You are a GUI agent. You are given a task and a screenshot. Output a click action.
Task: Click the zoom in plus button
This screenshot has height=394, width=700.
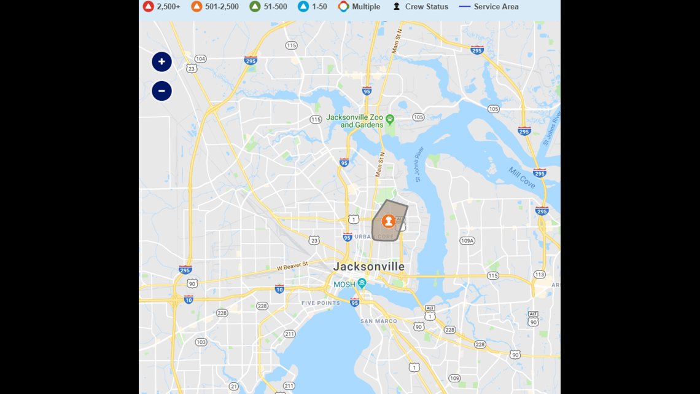coord(161,61)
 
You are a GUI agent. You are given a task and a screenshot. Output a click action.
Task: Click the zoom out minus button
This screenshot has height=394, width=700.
coord(161,91)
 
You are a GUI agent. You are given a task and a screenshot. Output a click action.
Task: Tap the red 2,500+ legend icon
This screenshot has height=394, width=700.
coord(148,7)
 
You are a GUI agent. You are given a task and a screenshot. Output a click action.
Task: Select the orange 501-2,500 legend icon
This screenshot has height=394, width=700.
coord(196,7)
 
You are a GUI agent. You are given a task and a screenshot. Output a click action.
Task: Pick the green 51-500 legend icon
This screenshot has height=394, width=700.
coord(255,7)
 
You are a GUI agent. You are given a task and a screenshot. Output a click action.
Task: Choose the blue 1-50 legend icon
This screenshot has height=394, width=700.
coord(303,7)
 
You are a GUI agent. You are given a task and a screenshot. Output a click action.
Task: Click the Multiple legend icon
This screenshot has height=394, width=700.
coord(343,7)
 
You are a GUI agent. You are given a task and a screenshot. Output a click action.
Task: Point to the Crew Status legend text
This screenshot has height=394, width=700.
coord(426,7)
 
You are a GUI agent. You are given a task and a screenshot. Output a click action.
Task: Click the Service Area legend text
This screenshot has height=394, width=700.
coord(496,7)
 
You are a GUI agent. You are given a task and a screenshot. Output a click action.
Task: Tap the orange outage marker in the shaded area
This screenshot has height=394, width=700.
coord(388,221)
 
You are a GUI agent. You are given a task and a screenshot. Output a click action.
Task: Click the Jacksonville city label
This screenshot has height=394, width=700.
coord(368,267)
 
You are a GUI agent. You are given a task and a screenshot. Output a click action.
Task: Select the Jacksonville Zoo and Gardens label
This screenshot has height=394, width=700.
coord(363,121)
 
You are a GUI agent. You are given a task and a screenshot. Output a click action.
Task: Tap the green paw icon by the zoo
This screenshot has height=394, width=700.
coord(390,119)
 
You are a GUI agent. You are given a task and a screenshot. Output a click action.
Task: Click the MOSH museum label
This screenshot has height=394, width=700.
coord(344,285)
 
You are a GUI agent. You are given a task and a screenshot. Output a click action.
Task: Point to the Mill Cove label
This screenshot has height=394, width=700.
coord(521,177)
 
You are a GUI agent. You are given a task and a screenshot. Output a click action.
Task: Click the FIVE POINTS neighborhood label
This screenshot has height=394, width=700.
coord(321,303)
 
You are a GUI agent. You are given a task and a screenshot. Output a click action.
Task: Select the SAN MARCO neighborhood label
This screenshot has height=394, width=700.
coord(378,321)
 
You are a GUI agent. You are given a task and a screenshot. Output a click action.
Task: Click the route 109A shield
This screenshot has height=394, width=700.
coord(467,241)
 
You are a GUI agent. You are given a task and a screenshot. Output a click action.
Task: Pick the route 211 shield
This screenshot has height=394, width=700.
coord(289,334)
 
